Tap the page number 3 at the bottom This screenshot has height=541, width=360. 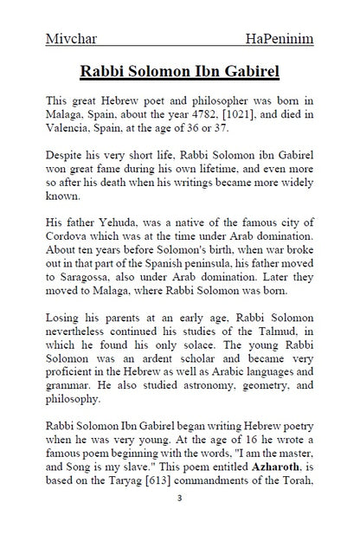point(179,524)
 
